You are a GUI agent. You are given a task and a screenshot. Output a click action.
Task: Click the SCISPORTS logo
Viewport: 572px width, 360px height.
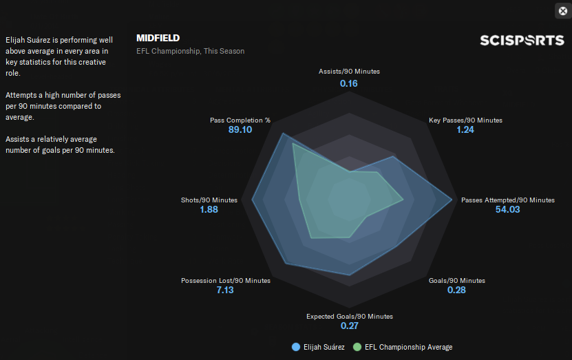tap(522, 41)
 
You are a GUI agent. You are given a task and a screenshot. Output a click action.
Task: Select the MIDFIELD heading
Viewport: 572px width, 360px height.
tap(158, 38)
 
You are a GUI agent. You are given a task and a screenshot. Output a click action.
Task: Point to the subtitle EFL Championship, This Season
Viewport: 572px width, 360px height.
tap(190, 51)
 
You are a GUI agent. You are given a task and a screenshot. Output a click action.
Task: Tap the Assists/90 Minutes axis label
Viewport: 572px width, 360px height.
tap(349, 72)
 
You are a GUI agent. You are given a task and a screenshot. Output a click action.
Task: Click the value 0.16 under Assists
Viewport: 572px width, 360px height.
tap(349, 83)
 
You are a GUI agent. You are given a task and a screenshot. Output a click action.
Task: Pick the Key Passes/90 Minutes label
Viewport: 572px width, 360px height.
tap(465, 120)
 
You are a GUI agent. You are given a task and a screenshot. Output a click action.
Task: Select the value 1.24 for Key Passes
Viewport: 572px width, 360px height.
tap(465, 130)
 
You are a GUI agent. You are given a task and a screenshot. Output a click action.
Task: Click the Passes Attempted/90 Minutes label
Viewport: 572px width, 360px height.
tap(507, 200)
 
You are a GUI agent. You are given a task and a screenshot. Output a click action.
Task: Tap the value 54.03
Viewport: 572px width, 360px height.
tap(508, 210)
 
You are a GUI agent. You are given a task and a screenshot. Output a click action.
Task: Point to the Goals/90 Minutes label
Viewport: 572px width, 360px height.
tap(456, 281)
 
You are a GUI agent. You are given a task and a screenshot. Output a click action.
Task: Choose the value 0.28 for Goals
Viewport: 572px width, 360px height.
tap(456, 290)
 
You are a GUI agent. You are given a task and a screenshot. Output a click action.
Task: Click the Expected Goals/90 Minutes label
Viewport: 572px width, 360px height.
tap(350, 317)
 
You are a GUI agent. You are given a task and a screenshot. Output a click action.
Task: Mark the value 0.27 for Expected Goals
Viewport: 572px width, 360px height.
tap(350, 326)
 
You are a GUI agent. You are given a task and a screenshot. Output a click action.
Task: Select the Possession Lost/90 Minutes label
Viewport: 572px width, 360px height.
tap(226, 281)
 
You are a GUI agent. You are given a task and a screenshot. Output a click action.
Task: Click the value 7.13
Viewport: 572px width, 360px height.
tap(225, 290)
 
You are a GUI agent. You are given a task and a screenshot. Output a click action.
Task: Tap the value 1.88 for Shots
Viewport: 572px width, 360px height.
tap(209, 210)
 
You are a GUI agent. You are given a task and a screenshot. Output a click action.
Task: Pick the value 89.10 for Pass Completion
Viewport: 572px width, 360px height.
tap(240, 130)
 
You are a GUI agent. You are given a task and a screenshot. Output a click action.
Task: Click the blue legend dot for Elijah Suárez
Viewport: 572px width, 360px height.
tap(297, 347)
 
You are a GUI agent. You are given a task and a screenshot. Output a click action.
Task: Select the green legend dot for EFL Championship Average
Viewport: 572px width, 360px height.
tap(357, 347)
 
